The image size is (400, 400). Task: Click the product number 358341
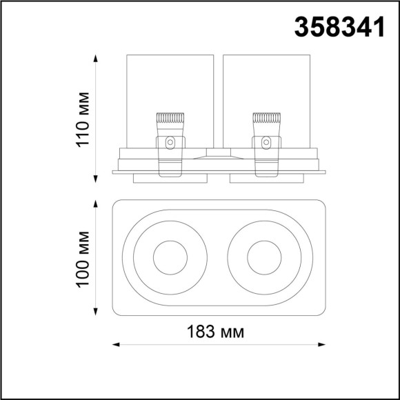(339, 27)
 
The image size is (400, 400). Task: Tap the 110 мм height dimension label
(82, 118)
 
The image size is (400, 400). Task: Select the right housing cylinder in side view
(266, 83)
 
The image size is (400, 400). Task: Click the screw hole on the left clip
(170, 143)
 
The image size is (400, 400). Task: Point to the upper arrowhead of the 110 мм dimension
(95, 56)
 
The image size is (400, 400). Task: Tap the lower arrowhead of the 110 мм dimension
(95, 180)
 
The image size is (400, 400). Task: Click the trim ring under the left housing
(170, 179)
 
